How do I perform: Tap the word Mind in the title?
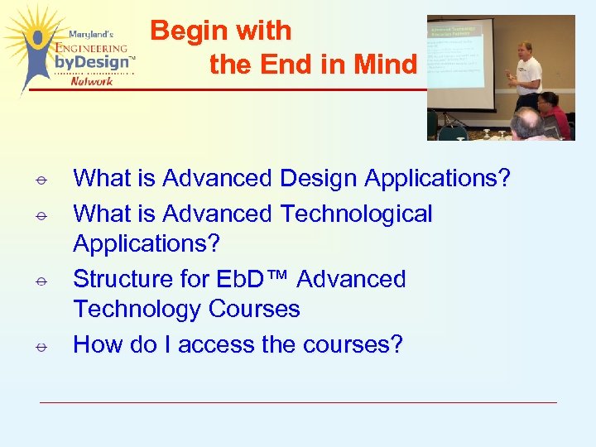tap(385, 64)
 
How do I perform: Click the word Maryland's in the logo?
tap(91, 35)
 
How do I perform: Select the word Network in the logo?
tap(93, 80)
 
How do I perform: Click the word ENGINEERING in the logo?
tap(91, 49)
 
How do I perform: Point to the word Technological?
tap(356, 214)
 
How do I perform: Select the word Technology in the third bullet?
tap(137, 310)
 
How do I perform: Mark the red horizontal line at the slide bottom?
tap(298, 402)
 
